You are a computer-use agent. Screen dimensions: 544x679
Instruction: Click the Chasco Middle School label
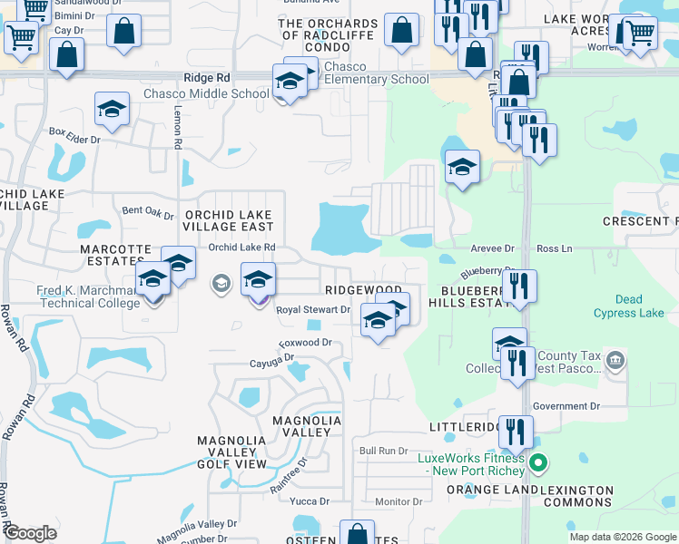[206, 93]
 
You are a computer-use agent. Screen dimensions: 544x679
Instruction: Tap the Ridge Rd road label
[207, 79]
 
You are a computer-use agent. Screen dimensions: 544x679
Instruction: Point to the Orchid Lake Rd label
[241, 247]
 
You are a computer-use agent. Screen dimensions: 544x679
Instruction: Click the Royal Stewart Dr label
[313, 309]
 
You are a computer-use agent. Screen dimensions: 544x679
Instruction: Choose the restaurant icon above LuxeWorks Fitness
[516, 432]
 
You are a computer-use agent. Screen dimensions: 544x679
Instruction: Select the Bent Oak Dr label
[147, 211]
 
